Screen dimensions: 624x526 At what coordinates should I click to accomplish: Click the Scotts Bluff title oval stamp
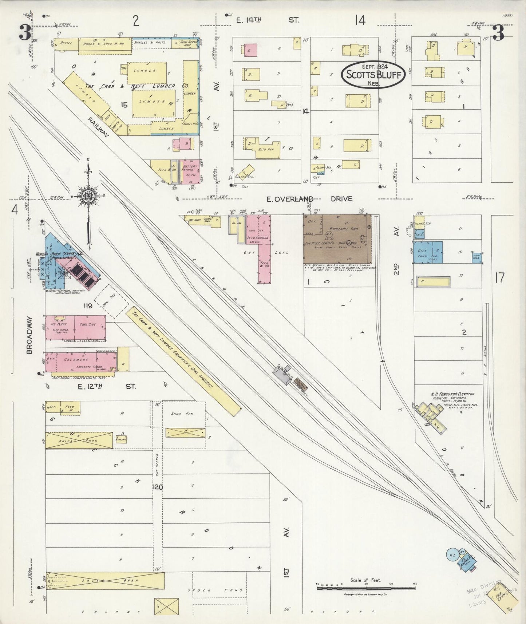point(373,74)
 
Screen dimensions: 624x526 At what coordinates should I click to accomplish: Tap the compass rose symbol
point(88,197)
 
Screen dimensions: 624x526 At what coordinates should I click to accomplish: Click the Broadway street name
point(29,335)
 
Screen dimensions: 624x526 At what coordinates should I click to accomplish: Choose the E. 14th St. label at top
point(268,20)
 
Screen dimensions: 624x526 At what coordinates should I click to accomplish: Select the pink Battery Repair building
point(190,171)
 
